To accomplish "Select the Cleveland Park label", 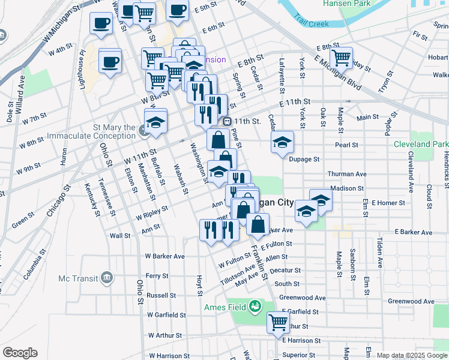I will coord(421,145).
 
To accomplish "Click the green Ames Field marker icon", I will coord(255,306).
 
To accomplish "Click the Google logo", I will coord(20,353).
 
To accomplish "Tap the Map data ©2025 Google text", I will coord(412,355).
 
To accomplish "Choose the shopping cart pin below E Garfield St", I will coord(279,322).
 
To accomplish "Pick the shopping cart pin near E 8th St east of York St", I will coord(341,58).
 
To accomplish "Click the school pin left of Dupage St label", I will coord(282,142).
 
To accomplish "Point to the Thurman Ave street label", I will coord(346,174).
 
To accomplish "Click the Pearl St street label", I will coord(346,145).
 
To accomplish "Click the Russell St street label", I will coord(161,295).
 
